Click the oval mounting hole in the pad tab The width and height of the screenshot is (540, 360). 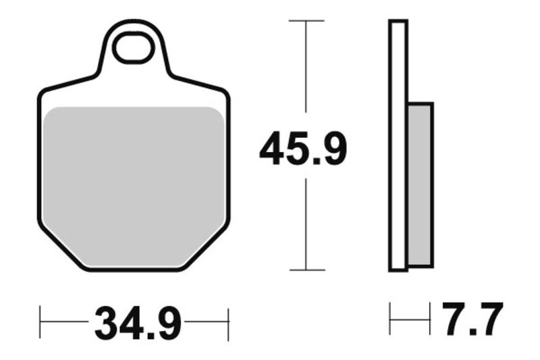pyautogui.click(x=133, y=48)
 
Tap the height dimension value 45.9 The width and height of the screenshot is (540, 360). pyautogui.click(x=303, y=150)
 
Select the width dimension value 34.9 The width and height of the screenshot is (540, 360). pyautogui.click(x=138, y=324)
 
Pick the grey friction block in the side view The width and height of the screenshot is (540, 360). pyautogui.click(x=420, y=184)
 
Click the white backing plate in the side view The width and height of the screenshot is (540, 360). pyautogui.click(x=398, y=145)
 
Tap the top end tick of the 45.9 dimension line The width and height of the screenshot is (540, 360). pyautogui.click(x=306, y=21)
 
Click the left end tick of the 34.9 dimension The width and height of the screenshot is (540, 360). pyautogui.click(x=40, y=324)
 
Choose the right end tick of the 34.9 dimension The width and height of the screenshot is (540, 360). pyautogui.click(x=229, y=324)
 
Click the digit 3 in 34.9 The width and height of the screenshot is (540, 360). pyautogui.click(x=107, y=324)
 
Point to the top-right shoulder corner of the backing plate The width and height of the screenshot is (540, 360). pyautogui.click(x=225, y=92)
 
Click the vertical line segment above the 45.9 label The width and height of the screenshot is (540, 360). pyautogui.click(x=306, y=68)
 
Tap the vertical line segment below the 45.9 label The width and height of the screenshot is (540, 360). pyautogui.click(x=306, y=223)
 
